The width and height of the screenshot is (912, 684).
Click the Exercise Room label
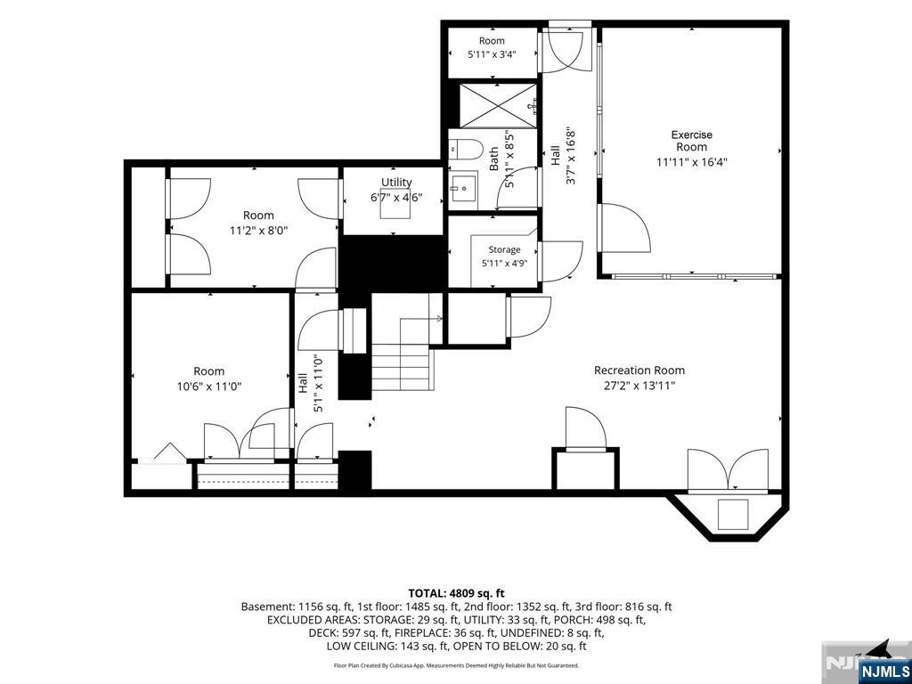point(691,141)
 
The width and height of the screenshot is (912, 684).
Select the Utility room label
point(396,183)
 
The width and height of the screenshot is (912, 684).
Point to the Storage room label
point(504,249)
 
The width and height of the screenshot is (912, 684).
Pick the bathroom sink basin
point(463,188)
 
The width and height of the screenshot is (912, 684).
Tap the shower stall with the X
point(499,106)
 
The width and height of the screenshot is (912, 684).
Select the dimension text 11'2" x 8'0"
point(259,231)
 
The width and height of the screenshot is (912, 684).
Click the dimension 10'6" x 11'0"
point(209,386)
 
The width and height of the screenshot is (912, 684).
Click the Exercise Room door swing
point(625,227)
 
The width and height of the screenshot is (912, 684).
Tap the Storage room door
point(560,262)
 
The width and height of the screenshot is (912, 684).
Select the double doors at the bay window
point(728,469)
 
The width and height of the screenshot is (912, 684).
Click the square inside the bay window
point(733,514)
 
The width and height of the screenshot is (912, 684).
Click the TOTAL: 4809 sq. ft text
point(456,594)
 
